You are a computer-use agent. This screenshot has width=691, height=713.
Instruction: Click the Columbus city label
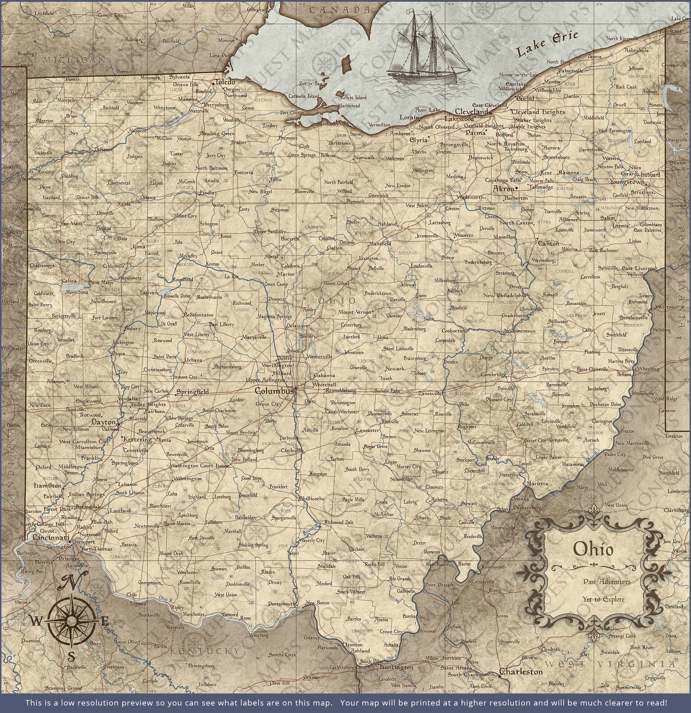click(x=274, y=391)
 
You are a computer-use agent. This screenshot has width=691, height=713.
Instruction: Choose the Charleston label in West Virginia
click(x=521, y=671)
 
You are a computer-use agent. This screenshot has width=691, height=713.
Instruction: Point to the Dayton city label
click(x=103, y=422)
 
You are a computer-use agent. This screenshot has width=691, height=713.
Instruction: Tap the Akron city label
click(x=504, y=189)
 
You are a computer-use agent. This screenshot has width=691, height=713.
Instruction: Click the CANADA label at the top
click(x=340, y=10)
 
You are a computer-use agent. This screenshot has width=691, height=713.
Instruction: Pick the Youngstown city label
click(x=627, y=182)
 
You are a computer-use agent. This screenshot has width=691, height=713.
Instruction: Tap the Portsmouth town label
click(x=282, y=603)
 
